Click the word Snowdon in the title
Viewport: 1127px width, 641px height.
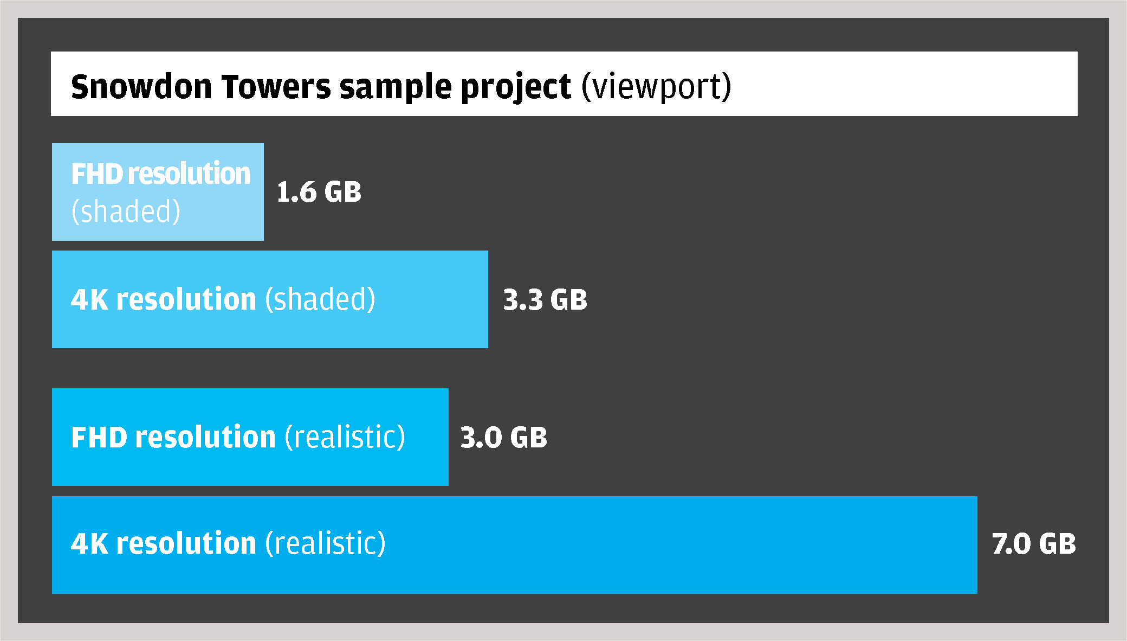pos(141,87)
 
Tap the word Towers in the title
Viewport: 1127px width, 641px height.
pos(276,87)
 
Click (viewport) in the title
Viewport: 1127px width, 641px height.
pos(656,88)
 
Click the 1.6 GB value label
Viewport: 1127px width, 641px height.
pos(319,192)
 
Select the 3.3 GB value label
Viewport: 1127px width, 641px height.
pos(545,300)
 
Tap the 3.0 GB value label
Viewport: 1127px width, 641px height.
pos(504,438)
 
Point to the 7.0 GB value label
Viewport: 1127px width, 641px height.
pos(1034,544)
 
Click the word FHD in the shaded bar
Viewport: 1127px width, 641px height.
pos(98,174)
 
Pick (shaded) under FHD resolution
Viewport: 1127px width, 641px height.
pos(126,211)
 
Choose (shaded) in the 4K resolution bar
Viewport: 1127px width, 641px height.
pos(320,299)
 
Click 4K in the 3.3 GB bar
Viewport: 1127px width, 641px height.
pos(89,300)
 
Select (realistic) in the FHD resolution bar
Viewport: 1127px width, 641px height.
pos(345,437)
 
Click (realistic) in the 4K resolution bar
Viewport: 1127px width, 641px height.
pos(326,543)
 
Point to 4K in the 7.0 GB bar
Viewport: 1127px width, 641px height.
pos(89,544)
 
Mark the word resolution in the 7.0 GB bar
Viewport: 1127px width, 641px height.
pos(186,543)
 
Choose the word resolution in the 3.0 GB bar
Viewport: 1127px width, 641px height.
pos(206,437)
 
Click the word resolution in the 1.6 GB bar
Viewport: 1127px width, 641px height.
pos(189,174)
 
